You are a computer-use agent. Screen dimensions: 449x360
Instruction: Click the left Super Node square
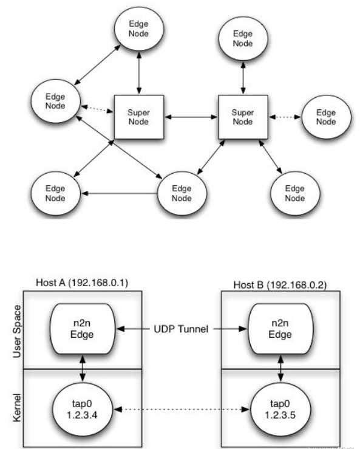[x=138, y=117]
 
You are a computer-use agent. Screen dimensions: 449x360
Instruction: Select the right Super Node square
[x=242, y=117]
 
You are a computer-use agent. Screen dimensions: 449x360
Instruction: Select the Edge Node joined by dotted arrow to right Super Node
[x=325, y=117]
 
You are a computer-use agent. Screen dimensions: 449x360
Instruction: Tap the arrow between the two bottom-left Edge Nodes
[x=119, y=194]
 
